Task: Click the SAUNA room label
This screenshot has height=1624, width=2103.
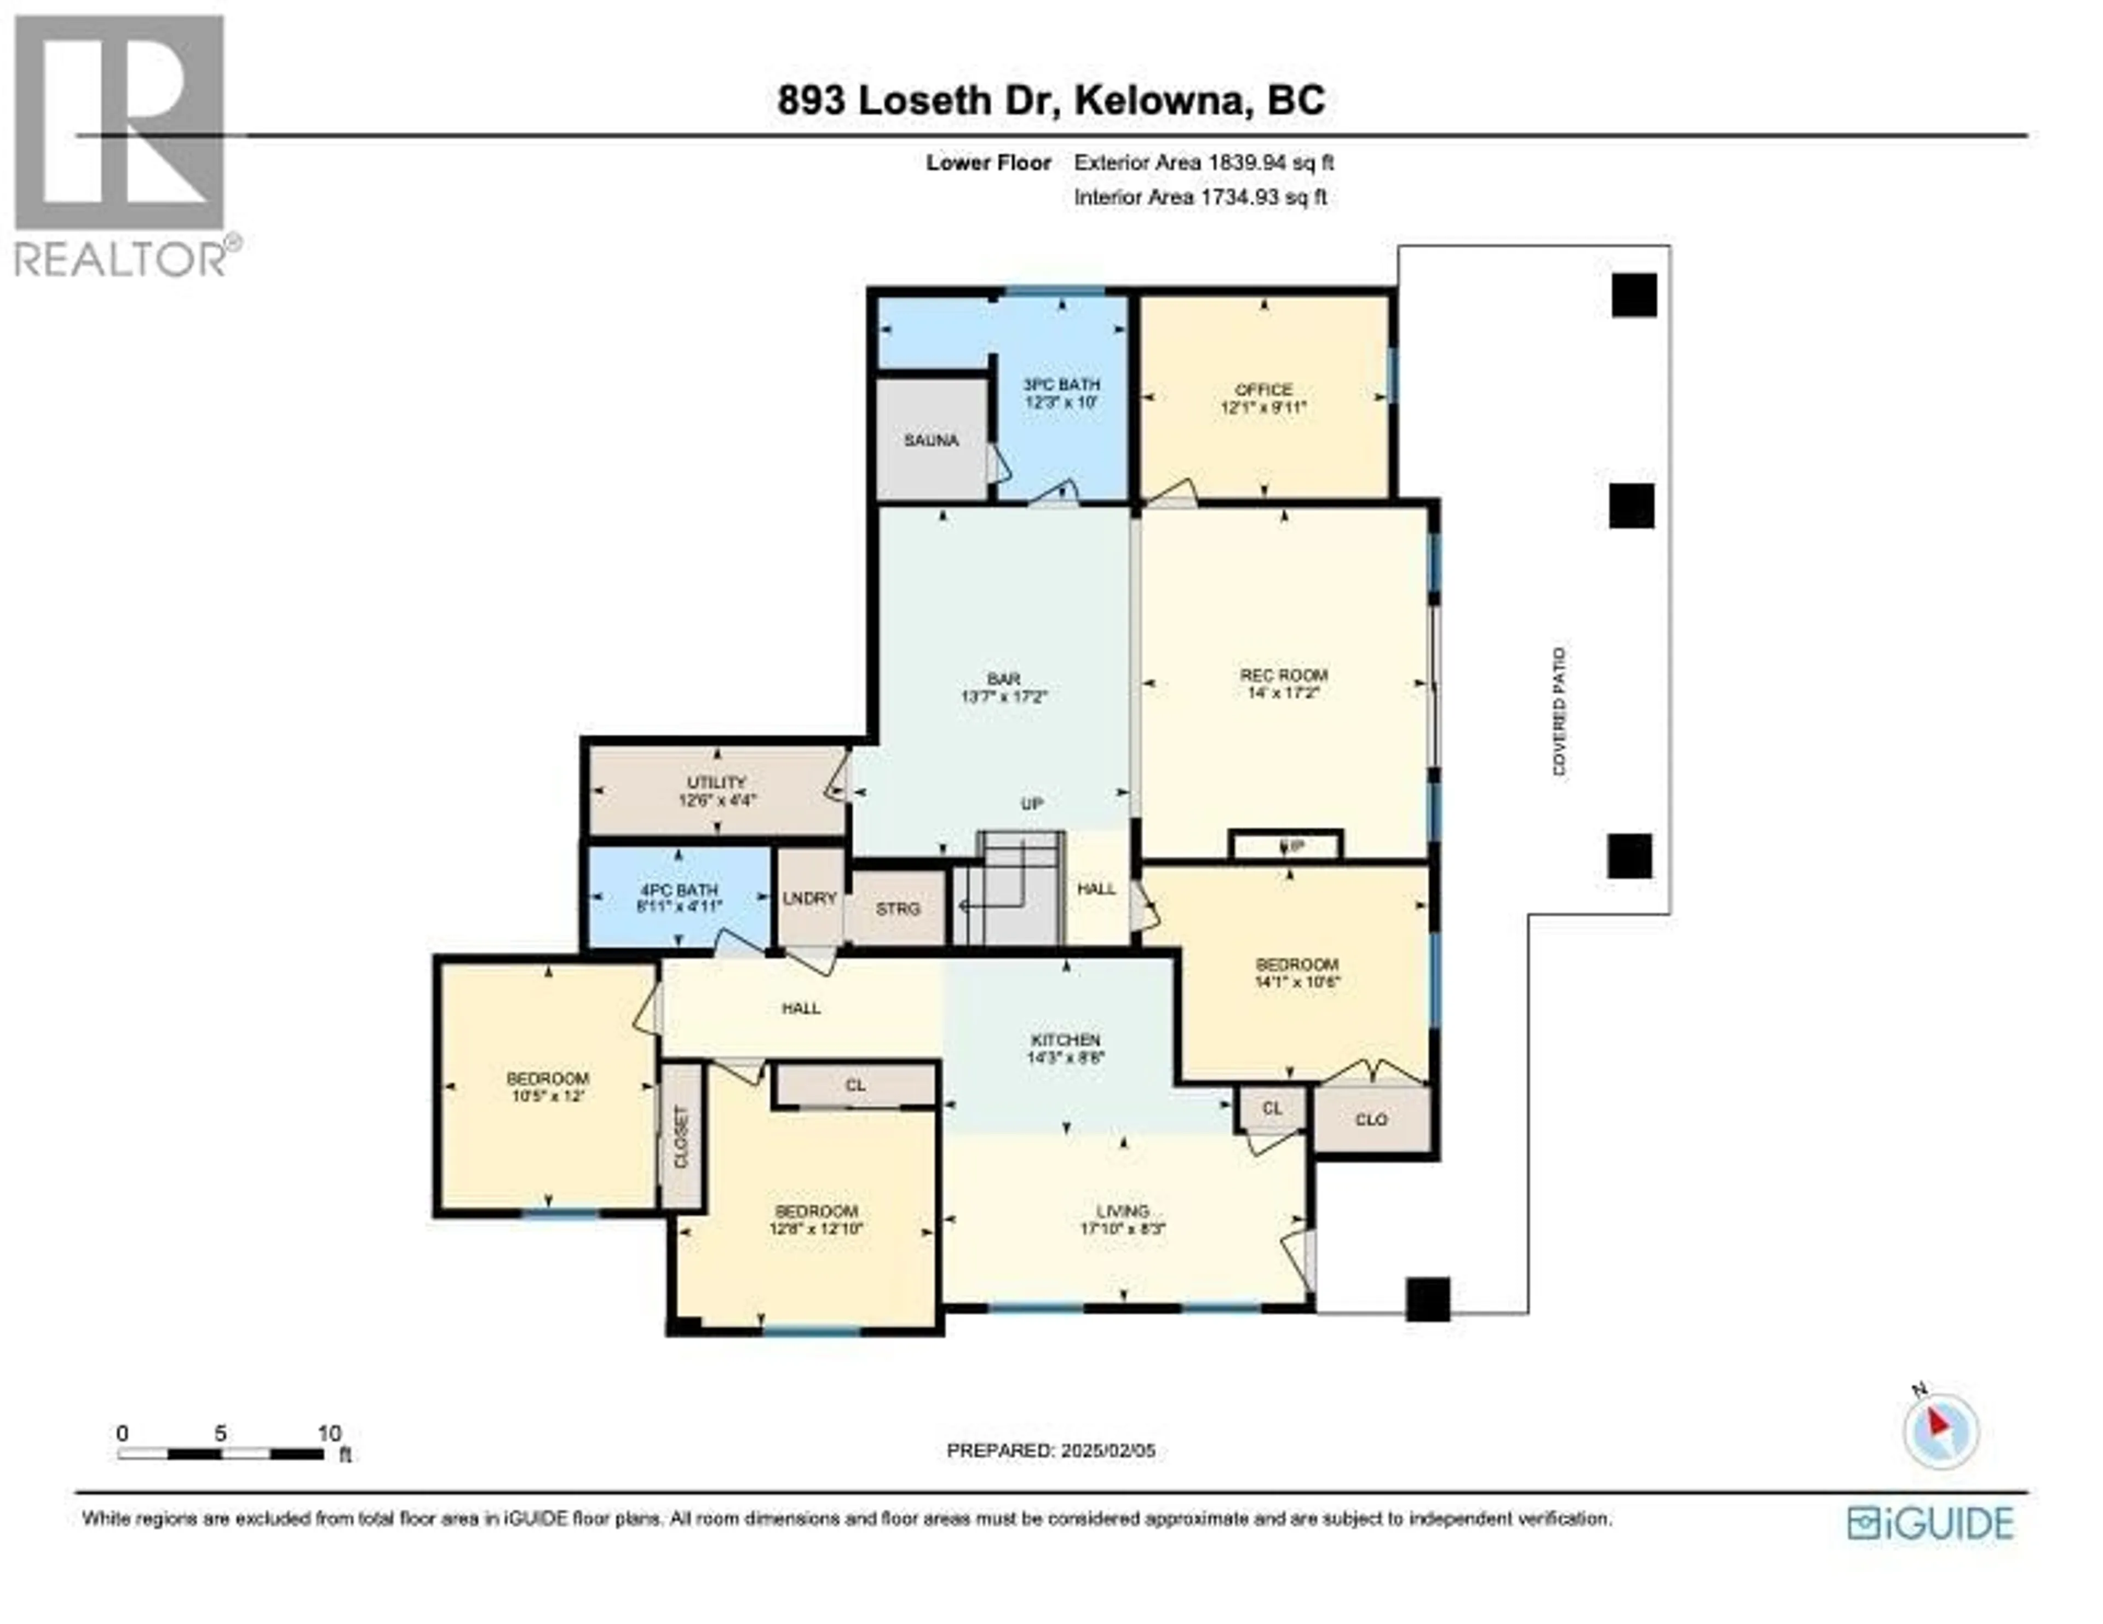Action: pyautogui.click(x=930, y=441)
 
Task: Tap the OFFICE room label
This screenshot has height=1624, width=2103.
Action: pyautogui.click(x=1263, y=390)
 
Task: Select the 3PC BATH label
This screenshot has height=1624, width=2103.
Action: pyautogui.click(x=1061, y=385)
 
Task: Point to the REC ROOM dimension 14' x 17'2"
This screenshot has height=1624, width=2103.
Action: pyautogui.click(x=1284, y=693)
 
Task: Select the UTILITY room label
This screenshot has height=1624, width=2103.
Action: pyautogui.click(x=716, y=783)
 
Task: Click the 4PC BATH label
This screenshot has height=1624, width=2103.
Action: pyautogui.click(x=679, y=891)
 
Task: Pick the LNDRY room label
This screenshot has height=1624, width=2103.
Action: pyautogui.click(x=809, y=898)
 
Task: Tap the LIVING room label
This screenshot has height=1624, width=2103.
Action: pyautogui.click(x=1123, y=1211)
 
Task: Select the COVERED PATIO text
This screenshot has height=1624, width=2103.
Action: pyautogui.click(x=1559, y=712)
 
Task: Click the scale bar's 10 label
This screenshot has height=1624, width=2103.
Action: pyautogui.click(x=329, y=1434)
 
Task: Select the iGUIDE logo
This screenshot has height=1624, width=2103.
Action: pyautogui.click(x=1930, y=1523)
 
